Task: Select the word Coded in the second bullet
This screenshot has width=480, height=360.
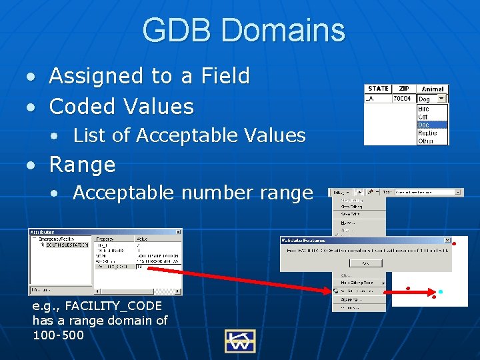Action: (x=84, y=106)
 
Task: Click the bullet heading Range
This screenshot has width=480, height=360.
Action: (x=83, y=164)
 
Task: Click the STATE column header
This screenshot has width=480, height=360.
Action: (x=378, y=89)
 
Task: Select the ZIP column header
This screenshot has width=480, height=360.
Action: (x=403, y=89)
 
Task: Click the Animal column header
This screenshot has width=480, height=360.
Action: (x=433, y=89)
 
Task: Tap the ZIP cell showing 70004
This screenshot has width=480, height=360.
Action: (x=403, y=98)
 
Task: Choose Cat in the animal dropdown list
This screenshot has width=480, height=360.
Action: (x=423, y=117)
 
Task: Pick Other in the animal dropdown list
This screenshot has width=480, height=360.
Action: (x=425, y=141)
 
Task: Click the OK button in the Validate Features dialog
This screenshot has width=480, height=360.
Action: (x=365, y=263)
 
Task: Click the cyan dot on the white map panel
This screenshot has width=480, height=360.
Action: (x=440, y=292)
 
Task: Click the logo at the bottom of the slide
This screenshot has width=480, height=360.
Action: (x=239, y=341)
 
